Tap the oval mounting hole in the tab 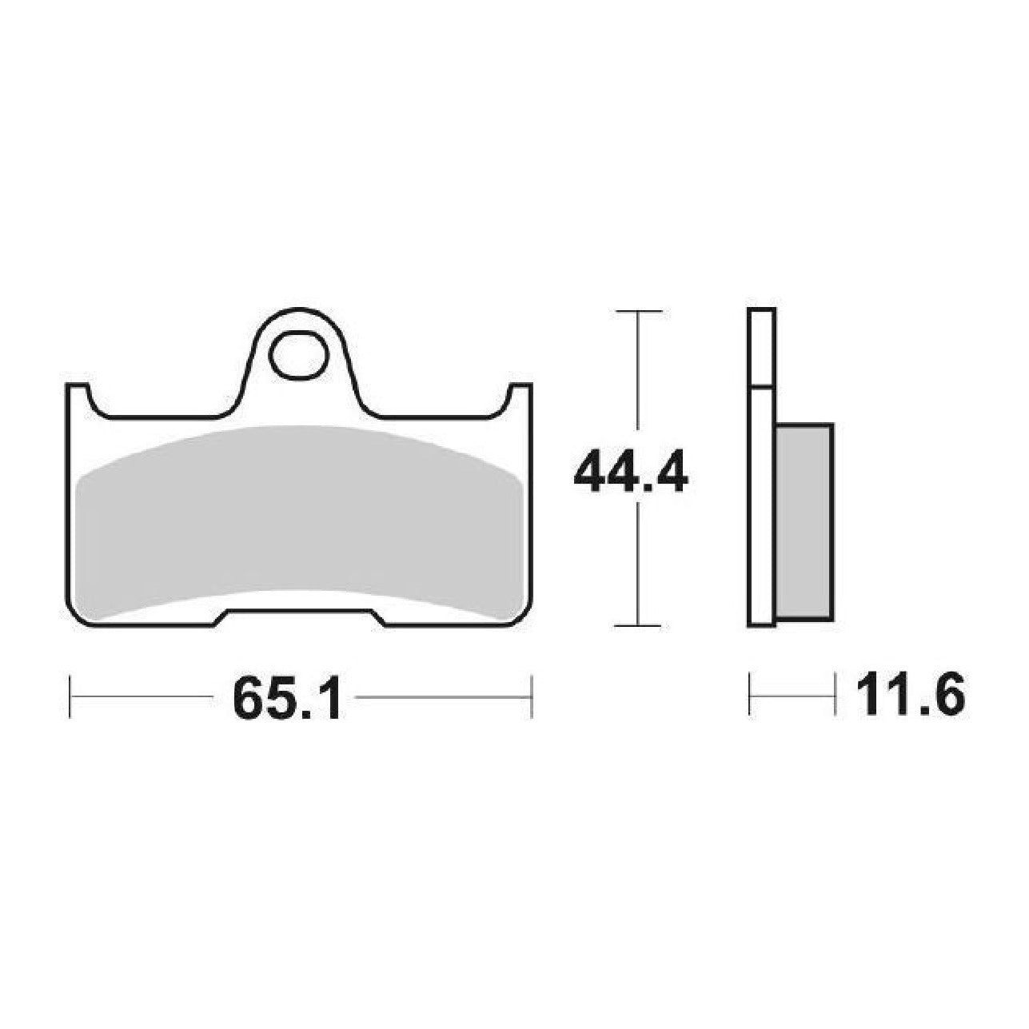[299, 355]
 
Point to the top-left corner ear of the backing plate [77, 393]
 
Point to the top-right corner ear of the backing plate [520, 393]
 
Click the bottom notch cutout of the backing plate [299, 616]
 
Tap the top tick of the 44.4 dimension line [639, 310]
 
